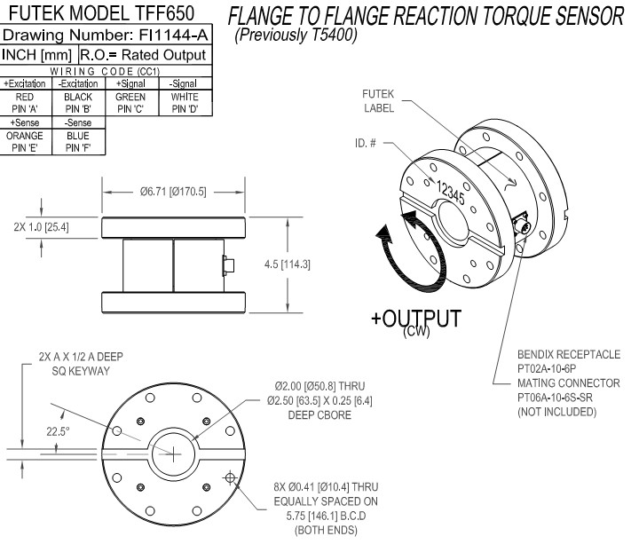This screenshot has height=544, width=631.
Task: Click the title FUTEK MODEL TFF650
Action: [106, 16]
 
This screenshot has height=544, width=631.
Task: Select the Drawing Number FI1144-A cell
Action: [106, 36]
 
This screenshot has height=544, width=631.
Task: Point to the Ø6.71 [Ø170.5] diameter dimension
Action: [172, 192]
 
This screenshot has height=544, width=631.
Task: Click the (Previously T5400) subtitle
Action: [296, 37]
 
